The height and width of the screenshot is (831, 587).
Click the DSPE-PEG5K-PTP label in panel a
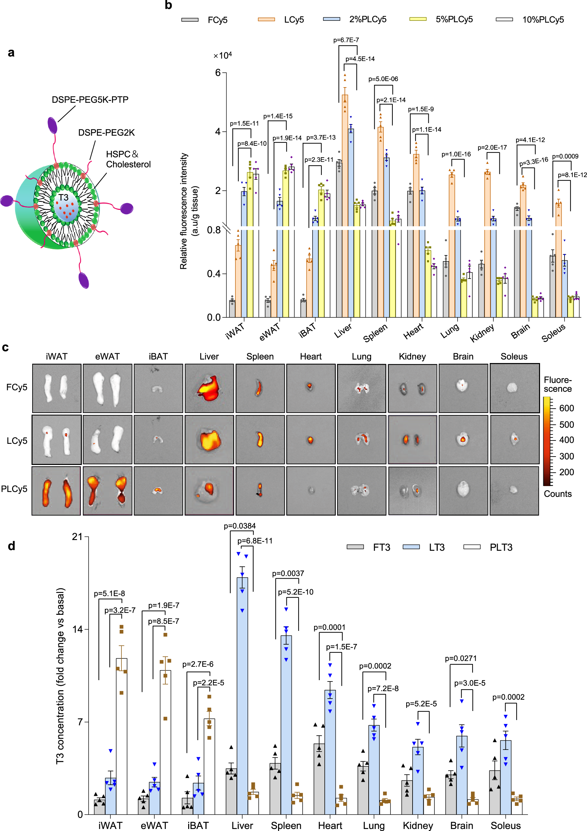tap(90, 100)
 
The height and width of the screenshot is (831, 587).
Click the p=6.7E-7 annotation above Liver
tap(346, 40)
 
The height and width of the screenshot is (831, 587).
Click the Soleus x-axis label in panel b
tap(553, 332)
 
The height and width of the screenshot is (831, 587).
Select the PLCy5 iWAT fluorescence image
tap(56, 490)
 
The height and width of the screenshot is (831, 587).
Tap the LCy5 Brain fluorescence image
tap(463, 439)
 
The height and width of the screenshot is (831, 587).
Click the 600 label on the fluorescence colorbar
tap(566, 408)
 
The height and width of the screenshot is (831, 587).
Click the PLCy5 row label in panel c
tap(14, 489)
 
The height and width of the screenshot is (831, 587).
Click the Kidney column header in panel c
tap(412, 357)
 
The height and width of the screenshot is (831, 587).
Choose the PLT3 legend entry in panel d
tap(500, 547)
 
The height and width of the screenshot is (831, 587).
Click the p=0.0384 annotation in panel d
tap(239, 526)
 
